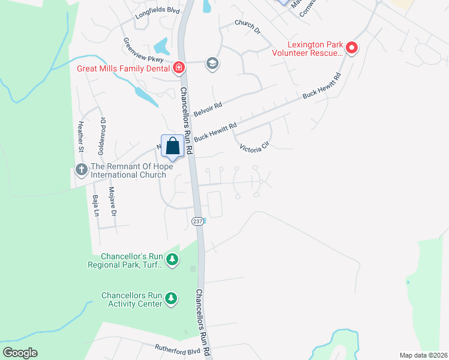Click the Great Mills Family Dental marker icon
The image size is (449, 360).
178,68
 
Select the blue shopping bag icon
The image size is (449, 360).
173,146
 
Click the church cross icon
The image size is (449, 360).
82,170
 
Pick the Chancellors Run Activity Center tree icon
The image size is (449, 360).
172,299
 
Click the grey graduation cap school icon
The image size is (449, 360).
212,63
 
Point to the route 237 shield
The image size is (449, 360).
197,221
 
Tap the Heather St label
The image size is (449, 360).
78,137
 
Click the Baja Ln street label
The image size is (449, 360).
95,206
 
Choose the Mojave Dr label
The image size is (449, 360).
112,202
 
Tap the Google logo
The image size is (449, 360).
20,353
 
